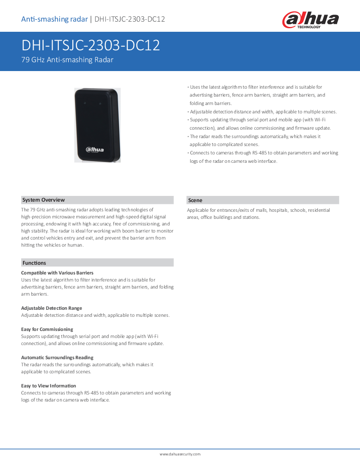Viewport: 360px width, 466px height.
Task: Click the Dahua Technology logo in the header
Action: click(x=310, y=19)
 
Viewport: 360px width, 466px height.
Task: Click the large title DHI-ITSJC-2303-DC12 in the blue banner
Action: click(x=91, y=45)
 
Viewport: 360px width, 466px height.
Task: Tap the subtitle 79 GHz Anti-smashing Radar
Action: click(x=67, y=60)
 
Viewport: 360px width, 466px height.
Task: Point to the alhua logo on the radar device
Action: click(x=95, y=150)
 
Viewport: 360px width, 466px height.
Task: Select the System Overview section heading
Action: click(x=44, y=200)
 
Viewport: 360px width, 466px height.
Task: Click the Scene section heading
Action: click(x=195, y=200)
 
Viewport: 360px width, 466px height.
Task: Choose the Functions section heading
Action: click(x=34, y=263)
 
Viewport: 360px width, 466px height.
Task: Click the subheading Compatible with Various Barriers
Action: click(x=57, y=273)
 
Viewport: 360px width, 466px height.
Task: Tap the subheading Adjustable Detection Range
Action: click(x=52, y=308)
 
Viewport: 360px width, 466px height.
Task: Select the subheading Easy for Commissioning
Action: click(x=47, y=329)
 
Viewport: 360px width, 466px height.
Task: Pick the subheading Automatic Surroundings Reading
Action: click(x=57, y=357)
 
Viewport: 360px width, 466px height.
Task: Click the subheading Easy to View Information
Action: click(x=49, y=386)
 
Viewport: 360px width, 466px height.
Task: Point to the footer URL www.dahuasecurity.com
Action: click(x=180, y=454)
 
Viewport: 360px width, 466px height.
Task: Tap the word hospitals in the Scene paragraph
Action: click(x=278, y=210)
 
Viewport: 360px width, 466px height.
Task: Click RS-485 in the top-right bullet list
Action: click(x=259, y=153)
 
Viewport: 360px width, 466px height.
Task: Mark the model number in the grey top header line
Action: click(x=130, y=19)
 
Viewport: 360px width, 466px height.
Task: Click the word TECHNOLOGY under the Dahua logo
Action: click(x=309, y=27)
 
